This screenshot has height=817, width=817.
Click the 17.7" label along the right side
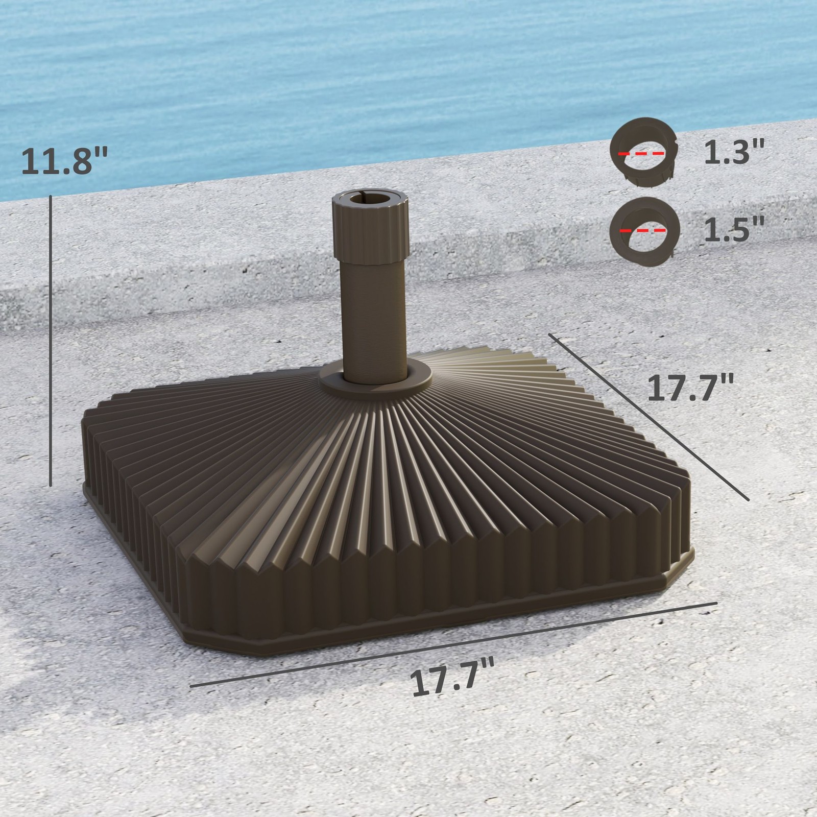pos(690,388)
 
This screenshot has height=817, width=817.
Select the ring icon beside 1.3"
pos(643,152)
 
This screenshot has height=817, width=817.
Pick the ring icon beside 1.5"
pos(644,231)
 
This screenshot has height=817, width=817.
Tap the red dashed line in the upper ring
pos(641,153)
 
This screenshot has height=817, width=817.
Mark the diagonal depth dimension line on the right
pos(648,416)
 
